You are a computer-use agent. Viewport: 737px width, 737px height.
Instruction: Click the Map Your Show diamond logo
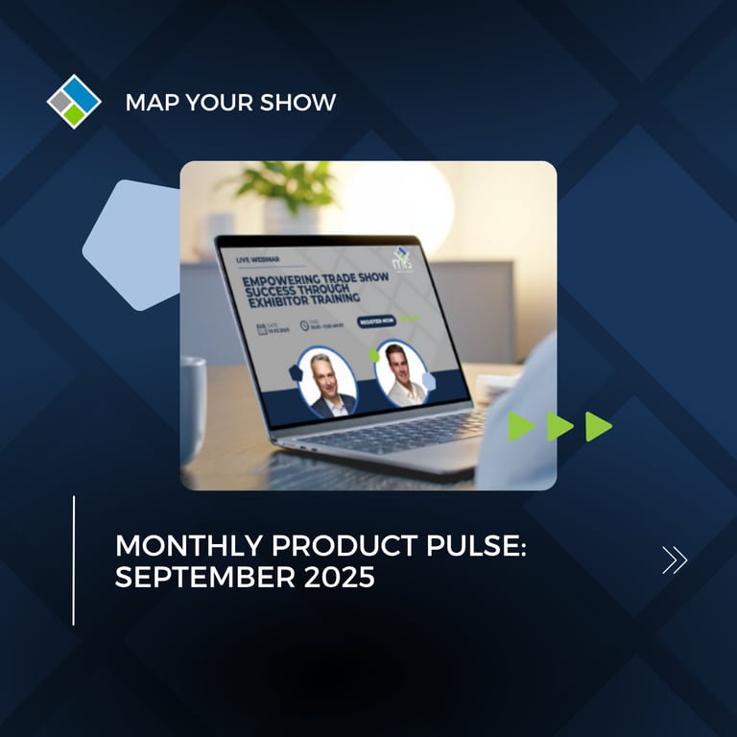[74, 101]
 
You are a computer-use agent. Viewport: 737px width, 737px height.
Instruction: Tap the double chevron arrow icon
[675, 559]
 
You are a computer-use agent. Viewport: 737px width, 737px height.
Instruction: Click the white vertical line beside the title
[74, 560]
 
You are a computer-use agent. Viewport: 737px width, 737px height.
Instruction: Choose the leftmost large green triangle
[520, 426]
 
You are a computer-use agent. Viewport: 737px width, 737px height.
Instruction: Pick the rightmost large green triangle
[598, 426]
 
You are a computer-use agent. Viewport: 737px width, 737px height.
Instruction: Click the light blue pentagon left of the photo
[131, 244]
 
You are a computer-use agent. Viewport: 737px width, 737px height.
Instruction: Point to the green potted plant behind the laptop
[278, 182]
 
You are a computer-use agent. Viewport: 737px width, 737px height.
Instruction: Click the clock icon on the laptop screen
[304, 326]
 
